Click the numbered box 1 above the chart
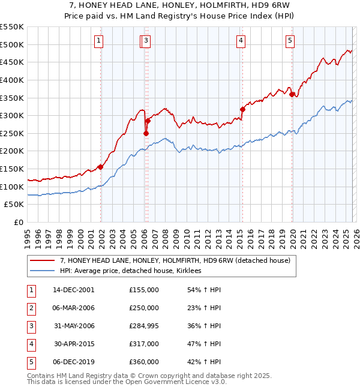(x=98, y=41)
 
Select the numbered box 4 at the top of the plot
(x=240, y=41)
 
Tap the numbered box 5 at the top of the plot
(x=290, y=41)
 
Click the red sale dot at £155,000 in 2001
(x=100, y=167)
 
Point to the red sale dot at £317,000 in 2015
(x=242, y=109)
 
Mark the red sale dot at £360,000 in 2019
(x=292, y=94)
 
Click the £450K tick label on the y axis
(x=12, y=62)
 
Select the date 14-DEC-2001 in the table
(x=74, y=290)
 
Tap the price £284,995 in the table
(x=144, y=326)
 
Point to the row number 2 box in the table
(x=31, y=308)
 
